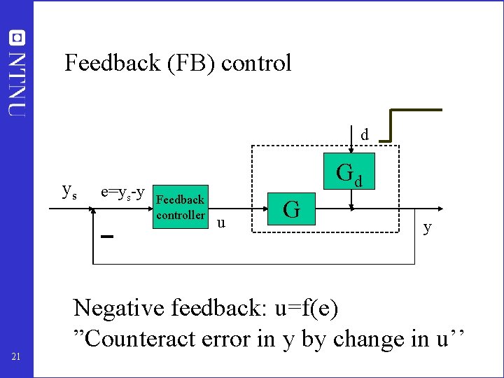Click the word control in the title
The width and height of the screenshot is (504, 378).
point(256,64)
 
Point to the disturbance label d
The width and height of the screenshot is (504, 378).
point(364,134)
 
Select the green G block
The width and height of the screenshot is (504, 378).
point(292,209)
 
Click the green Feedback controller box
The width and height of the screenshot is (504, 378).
point(180,208)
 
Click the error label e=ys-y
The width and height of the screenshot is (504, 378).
point(123,191)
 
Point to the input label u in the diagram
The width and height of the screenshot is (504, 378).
point(221,223)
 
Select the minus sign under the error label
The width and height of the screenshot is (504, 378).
point(107,237)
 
